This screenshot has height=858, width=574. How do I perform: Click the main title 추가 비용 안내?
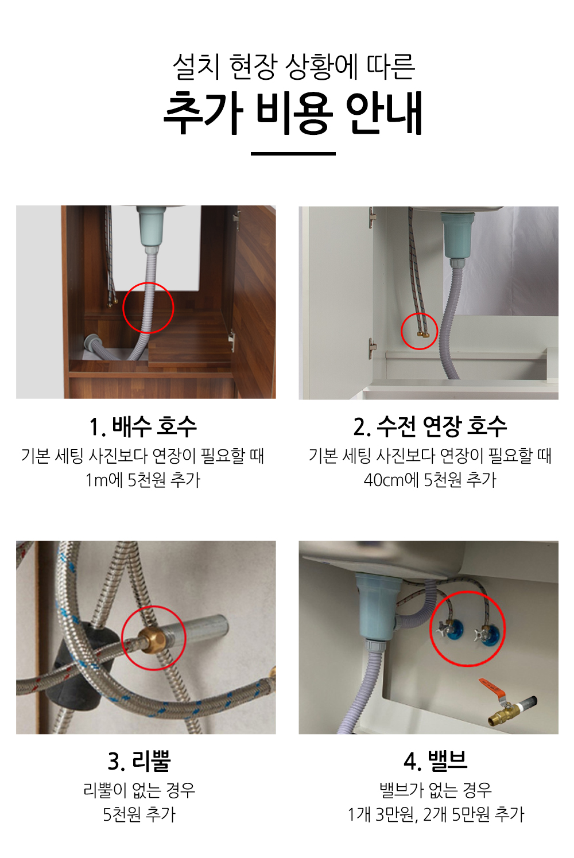point(293,114)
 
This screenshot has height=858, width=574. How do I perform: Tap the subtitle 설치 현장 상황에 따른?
point(293,67)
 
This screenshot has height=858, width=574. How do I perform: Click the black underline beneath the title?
point(293,154)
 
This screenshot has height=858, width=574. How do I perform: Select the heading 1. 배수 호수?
point(142,426)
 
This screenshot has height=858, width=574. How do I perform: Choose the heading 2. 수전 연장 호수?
point(430,426)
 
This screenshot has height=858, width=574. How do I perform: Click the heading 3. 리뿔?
point(139,761)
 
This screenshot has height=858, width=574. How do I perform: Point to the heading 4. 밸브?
point(435,761)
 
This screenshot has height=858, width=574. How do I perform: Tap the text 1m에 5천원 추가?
point(142,480)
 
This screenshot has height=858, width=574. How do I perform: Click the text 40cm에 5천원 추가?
point(430,480)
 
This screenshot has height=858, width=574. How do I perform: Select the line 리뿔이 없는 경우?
point(139,790)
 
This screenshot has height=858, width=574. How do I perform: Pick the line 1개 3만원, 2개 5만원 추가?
point(435,815)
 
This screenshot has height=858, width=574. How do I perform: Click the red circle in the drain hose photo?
point(148,283)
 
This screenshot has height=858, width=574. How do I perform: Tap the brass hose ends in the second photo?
point(423,334)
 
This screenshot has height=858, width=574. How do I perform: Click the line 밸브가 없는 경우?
point(435,790)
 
